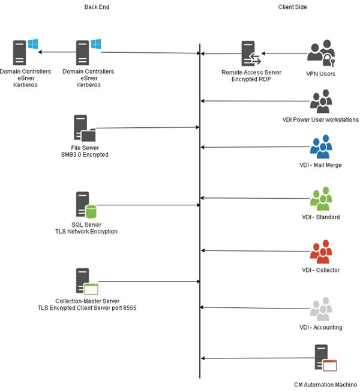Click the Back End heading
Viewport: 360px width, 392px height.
97,7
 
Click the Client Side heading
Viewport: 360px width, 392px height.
293,7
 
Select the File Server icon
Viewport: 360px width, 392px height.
85,128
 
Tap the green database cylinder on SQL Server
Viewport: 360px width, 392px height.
91,211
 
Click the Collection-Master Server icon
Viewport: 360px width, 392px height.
87,282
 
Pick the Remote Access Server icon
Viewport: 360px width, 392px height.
251,53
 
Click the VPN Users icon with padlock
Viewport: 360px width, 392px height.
321,53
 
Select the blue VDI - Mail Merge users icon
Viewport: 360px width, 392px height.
321,146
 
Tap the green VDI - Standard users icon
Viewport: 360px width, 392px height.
321,199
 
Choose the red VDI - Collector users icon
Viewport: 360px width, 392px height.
321,252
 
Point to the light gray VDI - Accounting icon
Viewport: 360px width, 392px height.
321,309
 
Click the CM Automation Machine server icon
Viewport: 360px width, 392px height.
326,358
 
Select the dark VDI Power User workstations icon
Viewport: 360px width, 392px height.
321,101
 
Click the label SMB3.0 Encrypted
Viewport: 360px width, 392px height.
85,155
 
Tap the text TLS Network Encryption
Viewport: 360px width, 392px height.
86,232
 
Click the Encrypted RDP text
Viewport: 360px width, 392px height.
251,79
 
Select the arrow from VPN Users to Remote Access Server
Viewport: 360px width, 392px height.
284,53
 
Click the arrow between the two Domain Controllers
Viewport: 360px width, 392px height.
57,52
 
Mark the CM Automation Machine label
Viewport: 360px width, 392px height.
326,385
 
